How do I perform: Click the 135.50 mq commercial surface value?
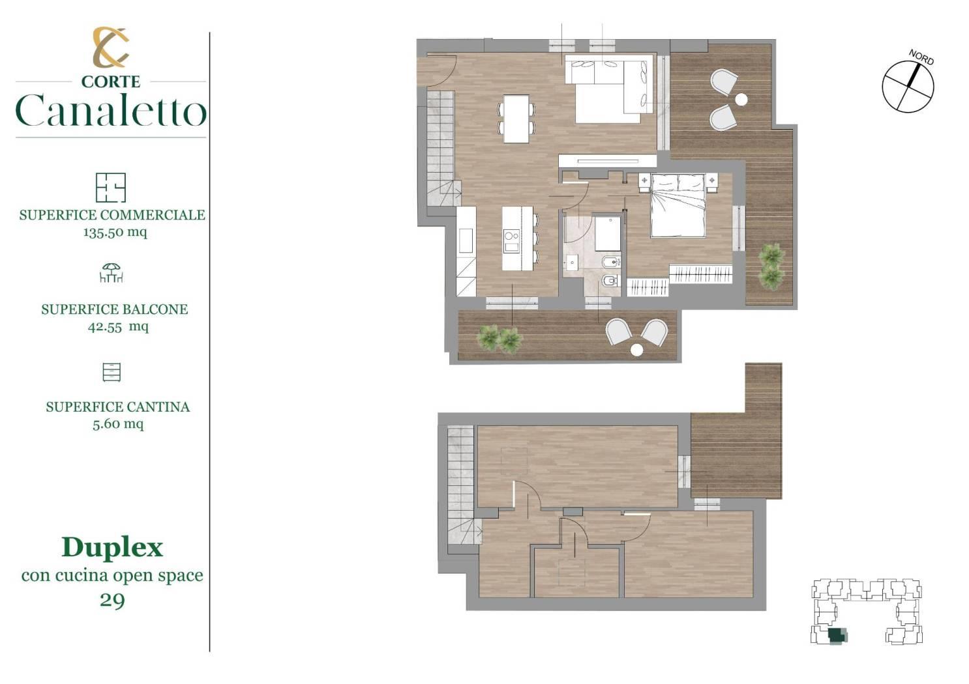pyautogui.click(x=115, y=232)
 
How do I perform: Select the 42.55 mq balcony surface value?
pyautogui.click(x=118, y=326)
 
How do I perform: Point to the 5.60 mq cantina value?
pyautogui.click(x=118, y=423)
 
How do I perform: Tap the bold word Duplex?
pyautogui.click(x=112, y=549)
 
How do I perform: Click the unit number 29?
pyautogui.click(x=112, y=600)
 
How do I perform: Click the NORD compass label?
pyautogui.click(x=921, y=57)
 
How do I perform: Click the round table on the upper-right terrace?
pyautogui.click(x=741, y=100)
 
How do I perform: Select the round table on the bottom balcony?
pyautogui.click(x=636, y=350)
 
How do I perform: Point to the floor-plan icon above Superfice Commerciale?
pyautogui.click(x=111, y=188)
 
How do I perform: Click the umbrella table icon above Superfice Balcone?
pyautogui.click(x=111, y=273)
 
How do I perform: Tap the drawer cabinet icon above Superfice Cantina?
pyautogui.click(x=112, y=372)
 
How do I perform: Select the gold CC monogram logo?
pyautogui.click(x=111, y=48)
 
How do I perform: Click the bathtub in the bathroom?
pyautogui.click(x=607, y=234)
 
